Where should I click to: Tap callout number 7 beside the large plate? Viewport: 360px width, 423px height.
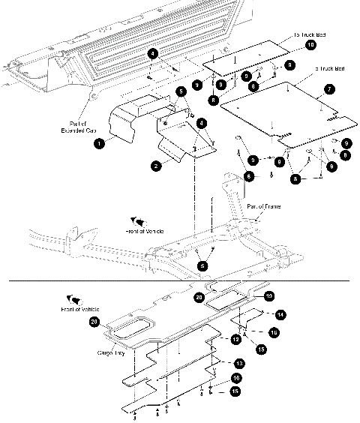(328, 89)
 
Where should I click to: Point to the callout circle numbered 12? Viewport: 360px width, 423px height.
(235, 340)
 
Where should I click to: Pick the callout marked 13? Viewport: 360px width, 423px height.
(237, 362)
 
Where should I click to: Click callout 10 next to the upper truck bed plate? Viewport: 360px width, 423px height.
(310, 46)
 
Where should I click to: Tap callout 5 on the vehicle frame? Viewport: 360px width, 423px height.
(201, 265)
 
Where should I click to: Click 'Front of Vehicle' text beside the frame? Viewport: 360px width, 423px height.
(142, 232)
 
